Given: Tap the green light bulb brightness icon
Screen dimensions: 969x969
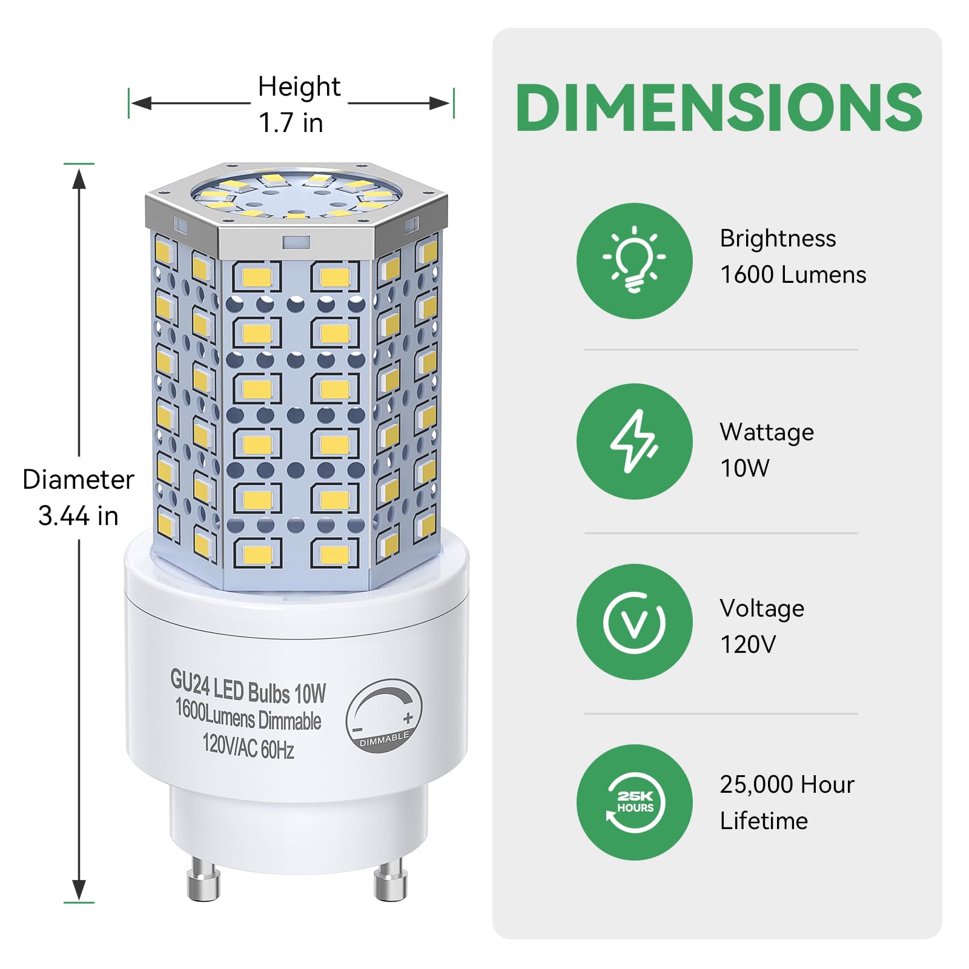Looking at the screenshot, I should (634, 260).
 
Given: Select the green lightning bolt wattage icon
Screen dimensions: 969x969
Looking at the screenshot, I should (634, 441).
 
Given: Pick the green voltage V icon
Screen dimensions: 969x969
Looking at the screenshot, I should (634, 621).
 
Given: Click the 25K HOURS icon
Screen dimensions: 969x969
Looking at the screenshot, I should (634, 802).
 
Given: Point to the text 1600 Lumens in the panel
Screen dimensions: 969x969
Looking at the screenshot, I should (793, 275).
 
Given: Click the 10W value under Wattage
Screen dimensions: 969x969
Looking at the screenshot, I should (744, 468).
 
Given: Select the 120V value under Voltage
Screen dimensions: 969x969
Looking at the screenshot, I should (747, 644).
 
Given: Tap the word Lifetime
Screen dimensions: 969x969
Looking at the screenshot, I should (764, 821).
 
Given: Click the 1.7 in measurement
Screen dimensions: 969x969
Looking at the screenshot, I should (291, 123).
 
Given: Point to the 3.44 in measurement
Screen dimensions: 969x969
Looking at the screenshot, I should (78, 516).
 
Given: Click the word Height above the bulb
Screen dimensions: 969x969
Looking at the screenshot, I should (299, 87).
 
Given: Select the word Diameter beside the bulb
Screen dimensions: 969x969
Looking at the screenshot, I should (78, 480).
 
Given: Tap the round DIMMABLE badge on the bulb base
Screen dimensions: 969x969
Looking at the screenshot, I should (384, 715).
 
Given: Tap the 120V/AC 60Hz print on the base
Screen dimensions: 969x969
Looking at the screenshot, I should (248, 746).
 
